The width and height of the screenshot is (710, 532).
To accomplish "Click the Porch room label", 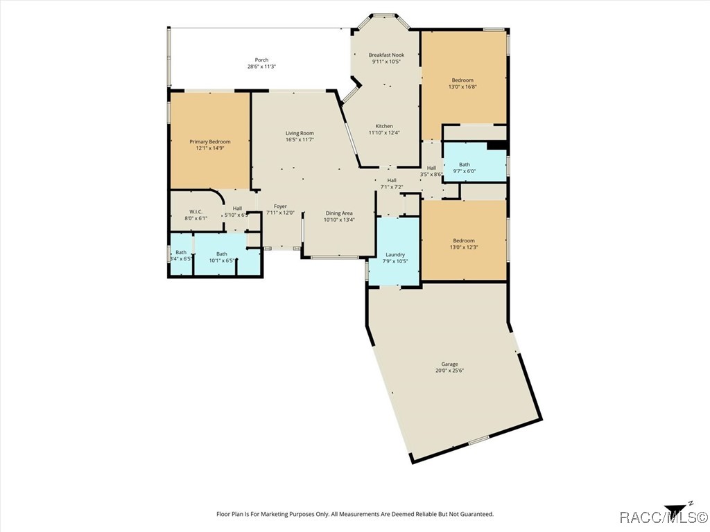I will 261,60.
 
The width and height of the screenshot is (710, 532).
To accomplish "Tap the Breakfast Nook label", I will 386,55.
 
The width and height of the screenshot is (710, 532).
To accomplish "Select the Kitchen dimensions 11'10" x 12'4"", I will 384,133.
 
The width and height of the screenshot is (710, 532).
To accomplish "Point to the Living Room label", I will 300,133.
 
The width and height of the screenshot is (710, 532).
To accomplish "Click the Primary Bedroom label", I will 210,141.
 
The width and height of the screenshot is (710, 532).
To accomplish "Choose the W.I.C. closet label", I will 196,211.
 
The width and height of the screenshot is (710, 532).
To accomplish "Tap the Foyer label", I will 280,206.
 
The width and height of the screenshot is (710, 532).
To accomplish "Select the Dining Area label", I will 339,213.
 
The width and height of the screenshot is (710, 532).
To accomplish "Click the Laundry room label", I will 395,255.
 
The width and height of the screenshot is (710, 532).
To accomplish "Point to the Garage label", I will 449,364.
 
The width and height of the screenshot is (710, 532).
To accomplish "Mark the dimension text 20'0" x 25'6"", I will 449,371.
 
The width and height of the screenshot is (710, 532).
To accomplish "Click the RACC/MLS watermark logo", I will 663,517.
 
